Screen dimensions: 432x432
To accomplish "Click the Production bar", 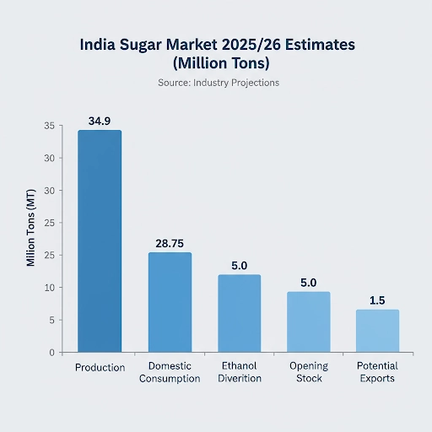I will (x=100, y=240).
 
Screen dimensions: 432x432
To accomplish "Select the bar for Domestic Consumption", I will (x=170, y=302).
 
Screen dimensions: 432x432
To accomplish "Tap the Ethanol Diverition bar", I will (x=239, y=313).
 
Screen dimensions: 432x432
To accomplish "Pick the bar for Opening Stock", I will (x=308, y=321).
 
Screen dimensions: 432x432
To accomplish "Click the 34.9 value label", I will (x=100, y=121).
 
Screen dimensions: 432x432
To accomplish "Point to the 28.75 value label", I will (x=170, y=244).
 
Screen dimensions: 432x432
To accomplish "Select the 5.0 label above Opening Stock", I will (x=308, y=283).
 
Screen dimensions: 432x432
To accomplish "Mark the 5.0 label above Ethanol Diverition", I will (x=239, y=266).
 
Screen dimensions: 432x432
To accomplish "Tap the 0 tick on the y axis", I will (x=51, y=353).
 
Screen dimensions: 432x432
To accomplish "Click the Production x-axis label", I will (x=100, y=368).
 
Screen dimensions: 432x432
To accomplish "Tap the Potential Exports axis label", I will (x=377, y=372).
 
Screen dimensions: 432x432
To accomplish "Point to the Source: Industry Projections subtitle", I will (x=219, y=83).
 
